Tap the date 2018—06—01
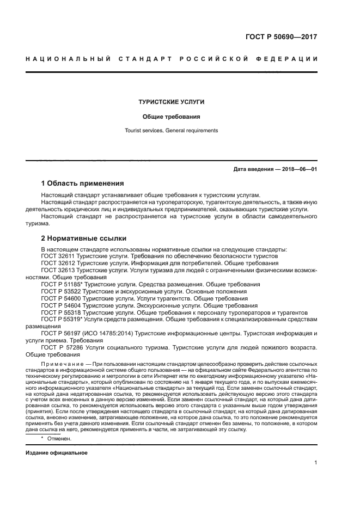[x=298, y=169]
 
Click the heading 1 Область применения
[x=82, y=183]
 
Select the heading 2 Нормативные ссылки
[x=84, y=238]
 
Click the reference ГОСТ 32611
[x=58, y=256]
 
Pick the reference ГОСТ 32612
[x=58, y=263]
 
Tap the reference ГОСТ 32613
[x=58, y=270]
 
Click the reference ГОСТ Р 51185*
[x=61, y=284]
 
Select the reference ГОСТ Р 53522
[x=60, y=291]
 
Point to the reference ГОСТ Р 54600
[x=60, y=298]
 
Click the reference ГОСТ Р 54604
[x=60, y=305]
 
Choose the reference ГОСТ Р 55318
[x=60, y=312]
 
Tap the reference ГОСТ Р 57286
[x=60, y=347]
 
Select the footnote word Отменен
[x=59, y=438]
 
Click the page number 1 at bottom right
[x=315, y=463]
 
